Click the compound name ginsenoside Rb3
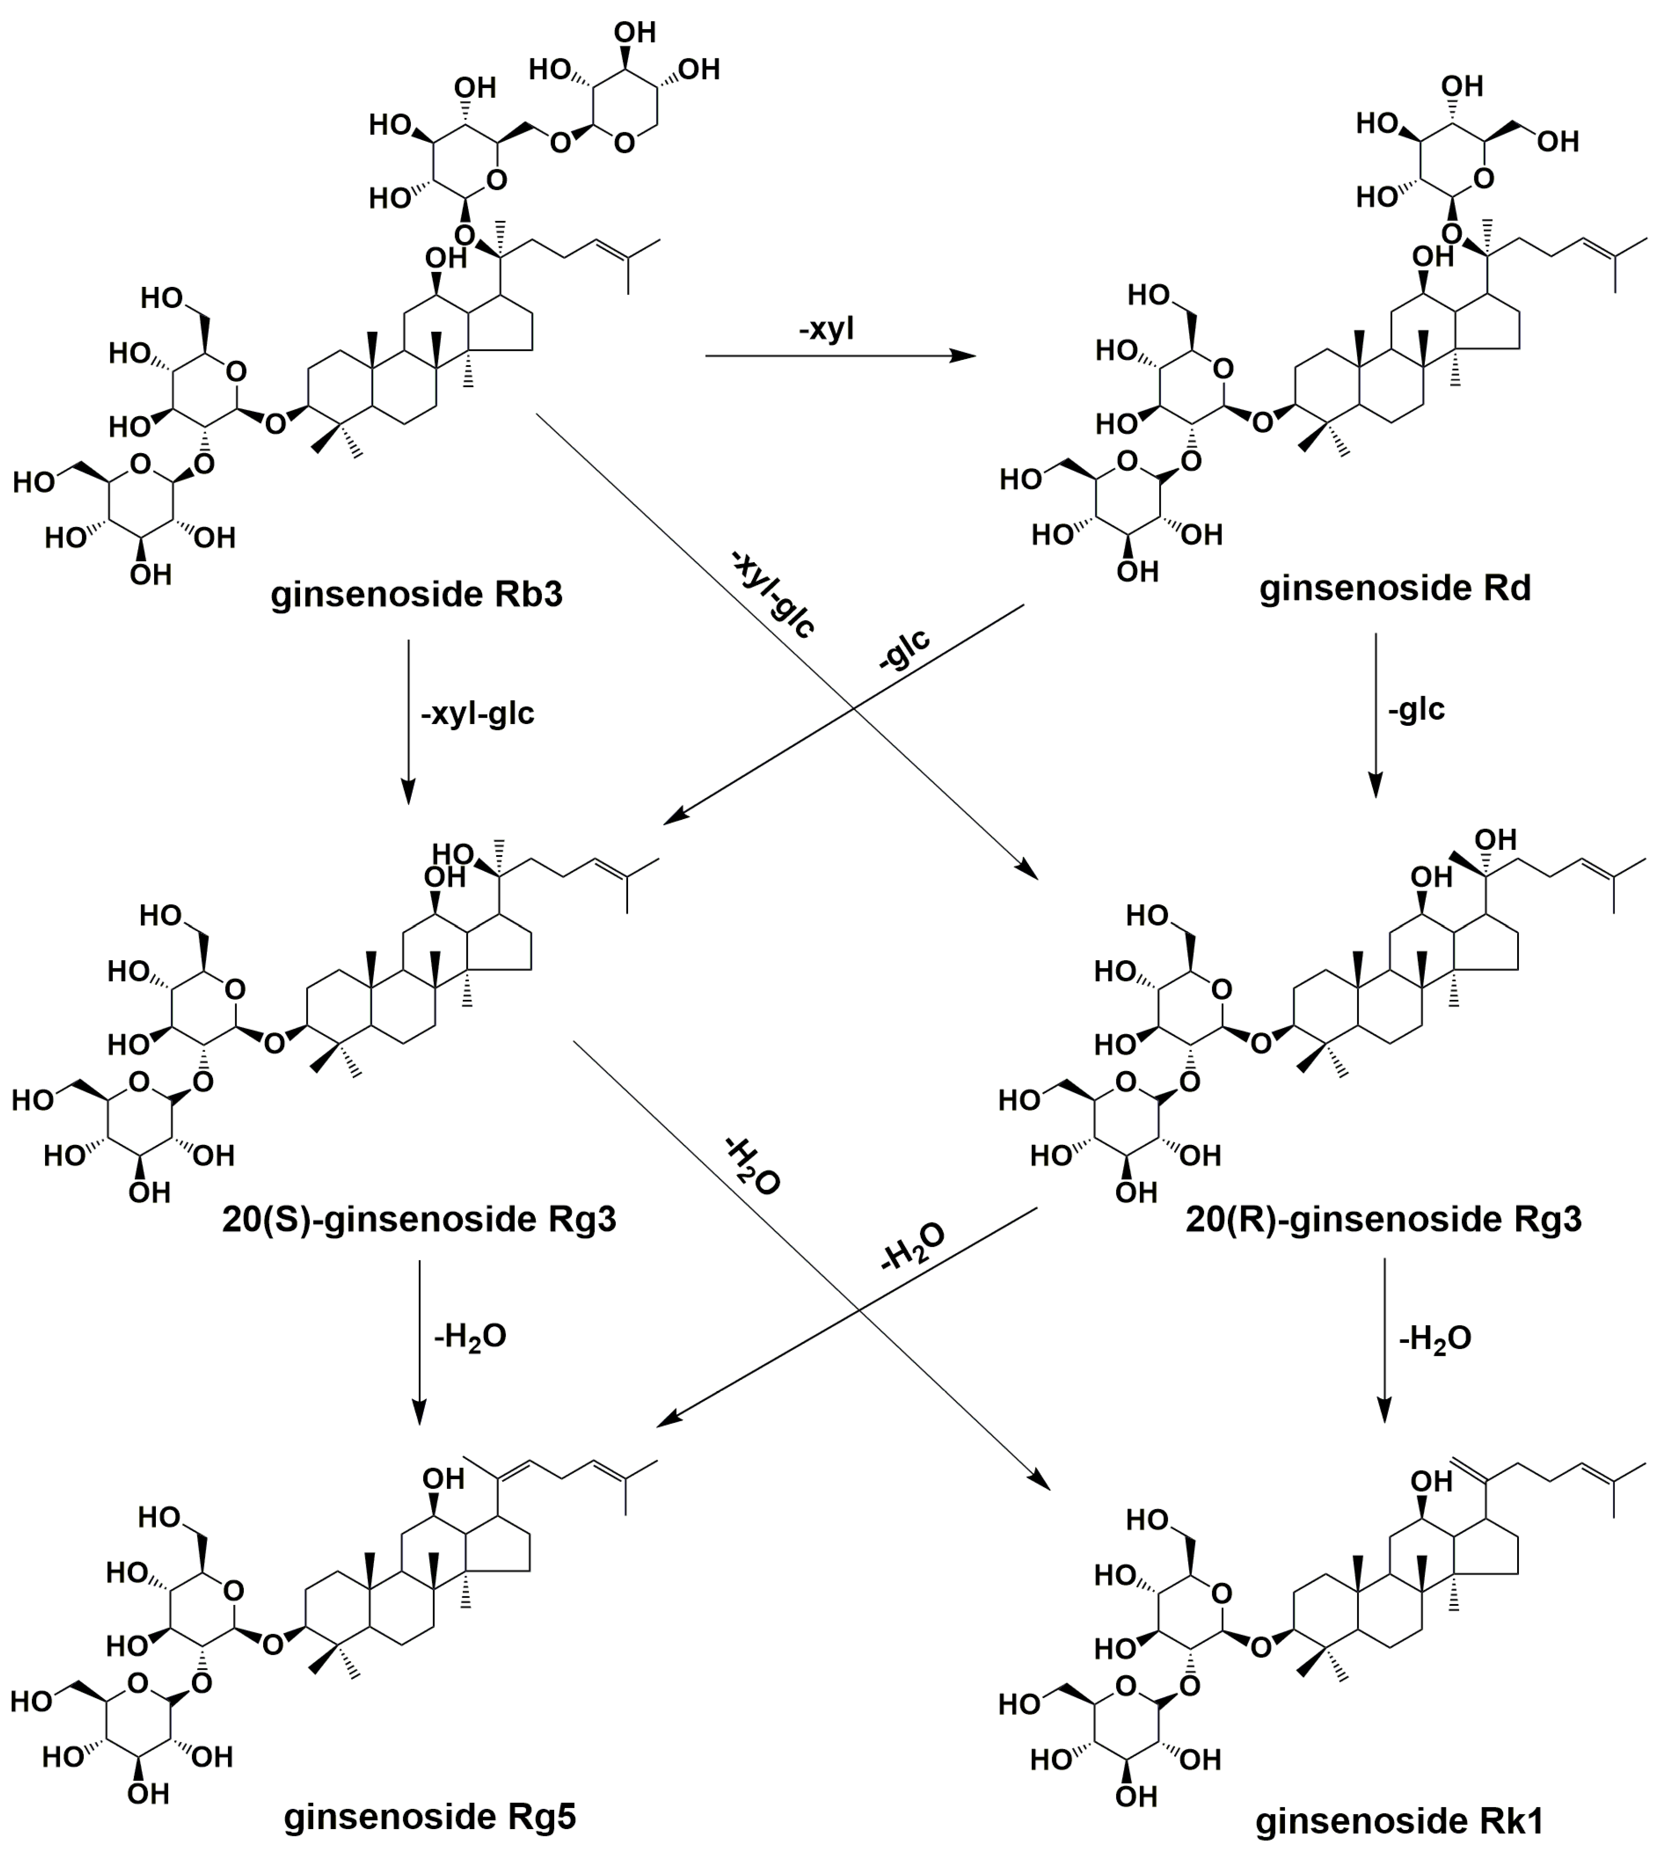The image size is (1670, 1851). [416, 595]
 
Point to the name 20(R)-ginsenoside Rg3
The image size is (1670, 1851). [1384, 1220]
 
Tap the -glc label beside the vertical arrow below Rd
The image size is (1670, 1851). [1417, 709]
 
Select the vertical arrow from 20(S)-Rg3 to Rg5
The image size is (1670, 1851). [419, 1342]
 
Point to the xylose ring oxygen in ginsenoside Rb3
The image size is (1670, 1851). [625, 142]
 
